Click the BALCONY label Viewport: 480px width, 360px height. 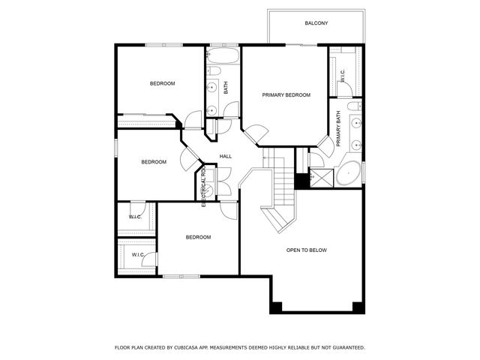pos(316,23)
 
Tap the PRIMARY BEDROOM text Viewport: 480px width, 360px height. pos(286,95)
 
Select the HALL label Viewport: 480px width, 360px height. pos(225,156)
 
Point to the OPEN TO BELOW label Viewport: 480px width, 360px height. pos(307,250)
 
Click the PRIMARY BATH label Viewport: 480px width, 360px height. pos(339,129)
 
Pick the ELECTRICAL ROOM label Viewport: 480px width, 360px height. pos(203,186)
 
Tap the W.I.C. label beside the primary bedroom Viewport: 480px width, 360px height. pos(342,76)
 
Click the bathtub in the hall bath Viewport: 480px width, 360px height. pos(223,55)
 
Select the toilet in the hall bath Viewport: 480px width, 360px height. pos(214,71)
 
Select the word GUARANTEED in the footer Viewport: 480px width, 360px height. pos(346,348)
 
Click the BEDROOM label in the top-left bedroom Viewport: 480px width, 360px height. pos(162,83)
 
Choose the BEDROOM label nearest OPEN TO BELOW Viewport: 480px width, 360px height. pos(198,237)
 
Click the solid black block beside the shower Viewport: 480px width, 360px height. pos(302,181)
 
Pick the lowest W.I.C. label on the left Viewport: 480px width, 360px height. pos(138,255)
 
